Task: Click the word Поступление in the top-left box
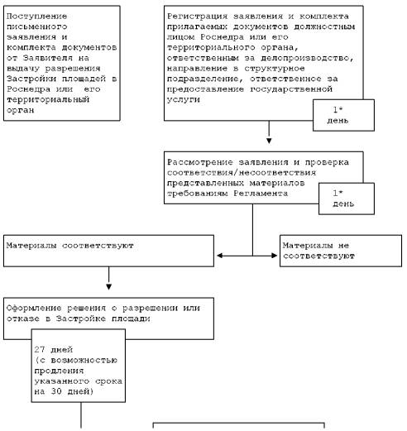tap(37, 17)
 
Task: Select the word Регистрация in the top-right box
tap(197, 17)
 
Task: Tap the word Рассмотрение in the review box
tap(200, 162)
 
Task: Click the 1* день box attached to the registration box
tap(343, 115)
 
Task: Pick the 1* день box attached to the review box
tap(347, 199)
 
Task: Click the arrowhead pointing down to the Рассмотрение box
tap(269, 141)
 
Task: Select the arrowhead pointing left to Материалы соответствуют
tap(220, 256)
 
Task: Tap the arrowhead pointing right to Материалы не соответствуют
tap(274, 256)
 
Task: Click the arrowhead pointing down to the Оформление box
tap(108, 287)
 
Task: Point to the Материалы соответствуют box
tap(108, 251)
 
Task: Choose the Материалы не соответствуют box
tap(341, 251)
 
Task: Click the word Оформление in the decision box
tap(34, 308)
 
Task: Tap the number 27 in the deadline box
tap(40, 349)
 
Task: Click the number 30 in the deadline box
tap(56, 391)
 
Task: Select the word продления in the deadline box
tap(59, 371)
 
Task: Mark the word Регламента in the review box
tap(261, 194)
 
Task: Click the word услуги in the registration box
tap(184, 100)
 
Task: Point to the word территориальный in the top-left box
tap(48, 100)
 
